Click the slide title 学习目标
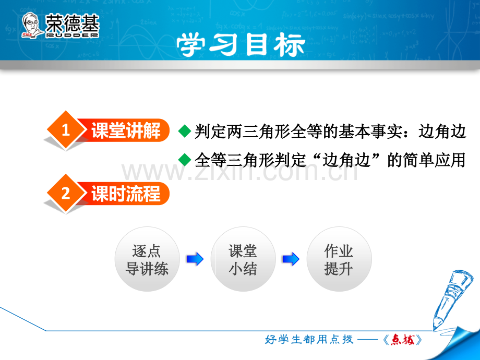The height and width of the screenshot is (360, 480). (241, 44)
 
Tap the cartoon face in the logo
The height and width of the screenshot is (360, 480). (31, 25)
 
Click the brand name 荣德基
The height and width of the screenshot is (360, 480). (72, 23)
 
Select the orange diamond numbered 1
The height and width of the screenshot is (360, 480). (66, 130)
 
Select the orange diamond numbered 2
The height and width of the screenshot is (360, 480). (66, 194)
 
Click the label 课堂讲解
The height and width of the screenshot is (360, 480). (126, 130)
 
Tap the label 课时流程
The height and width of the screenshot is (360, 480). (126, 194)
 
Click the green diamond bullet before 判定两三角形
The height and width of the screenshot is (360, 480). (185, 131)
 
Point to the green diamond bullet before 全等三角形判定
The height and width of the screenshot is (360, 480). (185, 160)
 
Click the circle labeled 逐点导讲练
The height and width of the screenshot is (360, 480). (147, 259)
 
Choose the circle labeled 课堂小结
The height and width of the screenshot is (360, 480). (243, 259)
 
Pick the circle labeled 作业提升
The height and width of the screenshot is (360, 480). (339, 259)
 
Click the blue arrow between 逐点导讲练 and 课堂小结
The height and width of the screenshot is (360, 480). (195, 259)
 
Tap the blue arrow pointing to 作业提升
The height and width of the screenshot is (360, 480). (291, 259)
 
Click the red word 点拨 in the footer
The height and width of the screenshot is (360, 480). (402, 340)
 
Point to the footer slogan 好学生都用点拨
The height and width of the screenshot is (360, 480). (309, 339)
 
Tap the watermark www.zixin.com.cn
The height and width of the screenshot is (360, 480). (239, 172)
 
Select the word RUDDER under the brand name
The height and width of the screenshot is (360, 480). (72, 35)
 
